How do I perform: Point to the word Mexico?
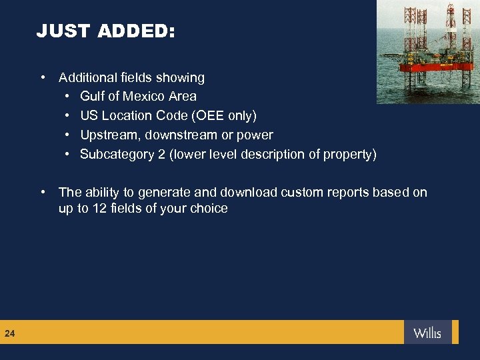pos(153,97)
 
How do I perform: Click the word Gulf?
pos(92,97)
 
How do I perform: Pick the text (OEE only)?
pos(224,116)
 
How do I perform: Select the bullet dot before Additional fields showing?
pos(43,78)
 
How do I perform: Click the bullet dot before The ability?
pos(43,193)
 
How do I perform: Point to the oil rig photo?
pos(428,51)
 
